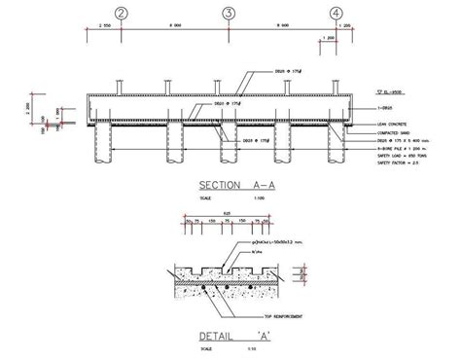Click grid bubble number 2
point(121,14)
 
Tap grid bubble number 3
point(228,14)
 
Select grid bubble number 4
point(336,14)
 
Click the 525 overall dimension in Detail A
point(227,213)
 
